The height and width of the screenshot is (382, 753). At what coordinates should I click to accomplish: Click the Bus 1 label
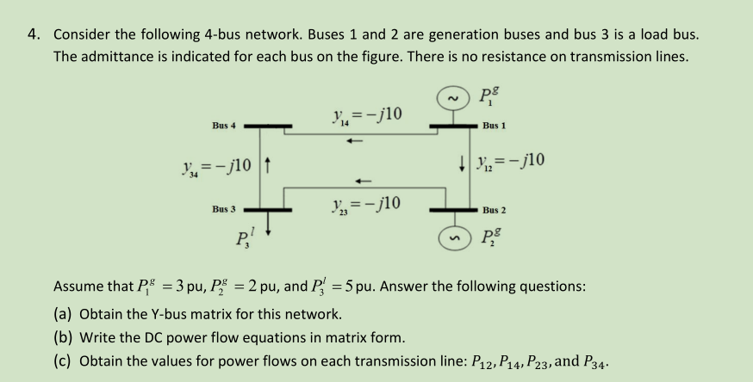[x=494, y=126]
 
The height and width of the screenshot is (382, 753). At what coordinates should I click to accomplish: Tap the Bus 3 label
[x=224, y=209]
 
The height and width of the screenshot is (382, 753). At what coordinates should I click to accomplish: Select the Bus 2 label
[x=495, y=210]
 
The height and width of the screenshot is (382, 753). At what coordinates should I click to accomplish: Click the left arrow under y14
[x=355, y=142]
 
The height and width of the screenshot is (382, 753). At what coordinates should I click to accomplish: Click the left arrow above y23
[x=363, y=181]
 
